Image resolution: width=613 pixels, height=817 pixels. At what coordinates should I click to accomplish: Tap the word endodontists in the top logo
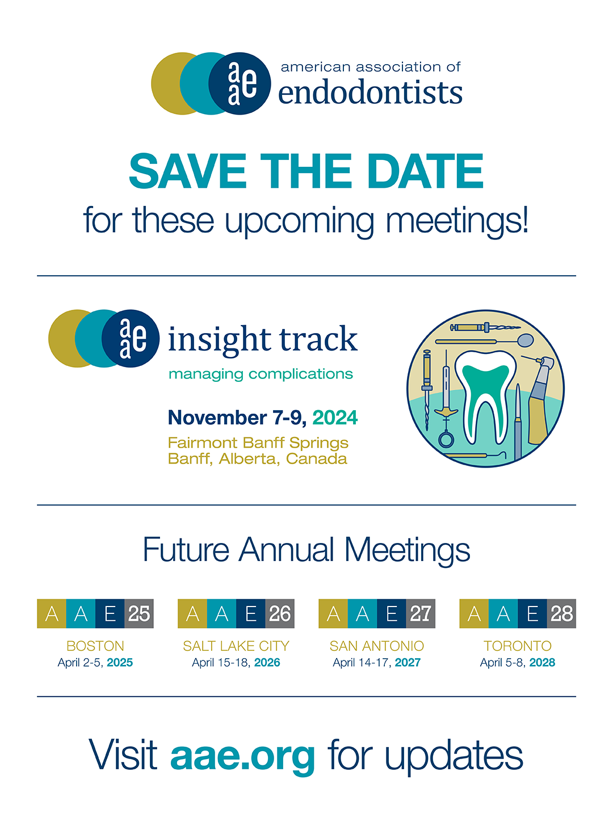[x=370, y=91]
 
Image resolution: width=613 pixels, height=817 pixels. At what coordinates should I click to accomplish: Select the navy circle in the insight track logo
[x=131, y=338]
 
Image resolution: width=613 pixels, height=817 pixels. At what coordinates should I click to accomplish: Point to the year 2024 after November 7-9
[x=335, y=417]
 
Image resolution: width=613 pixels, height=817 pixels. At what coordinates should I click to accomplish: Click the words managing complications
[x=261, y=374]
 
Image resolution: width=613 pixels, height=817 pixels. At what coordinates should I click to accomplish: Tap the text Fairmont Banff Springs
[x=258, y=443]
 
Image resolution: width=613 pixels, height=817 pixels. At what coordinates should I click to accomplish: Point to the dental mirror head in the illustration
[x=525, y=340]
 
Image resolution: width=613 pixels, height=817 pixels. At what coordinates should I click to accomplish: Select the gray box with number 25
[x=139, y=613]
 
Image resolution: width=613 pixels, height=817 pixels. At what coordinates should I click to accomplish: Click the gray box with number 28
[x=561, y=613]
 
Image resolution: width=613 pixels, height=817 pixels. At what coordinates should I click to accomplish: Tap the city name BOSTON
[x=95, y=646]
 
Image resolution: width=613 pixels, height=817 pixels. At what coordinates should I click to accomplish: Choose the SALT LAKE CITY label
[x=236, y=646]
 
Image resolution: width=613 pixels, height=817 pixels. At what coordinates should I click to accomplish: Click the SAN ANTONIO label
[x=377, y=646]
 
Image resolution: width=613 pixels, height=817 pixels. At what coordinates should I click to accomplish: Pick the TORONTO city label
[x=517, y=646]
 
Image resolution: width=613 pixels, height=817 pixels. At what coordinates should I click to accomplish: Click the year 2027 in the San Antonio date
[x=408, y=662]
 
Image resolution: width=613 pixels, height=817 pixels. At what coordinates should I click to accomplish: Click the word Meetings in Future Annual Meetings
[x=407, y=550]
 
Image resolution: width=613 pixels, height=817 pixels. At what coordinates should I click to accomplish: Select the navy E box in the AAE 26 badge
[x=250, y=613]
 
